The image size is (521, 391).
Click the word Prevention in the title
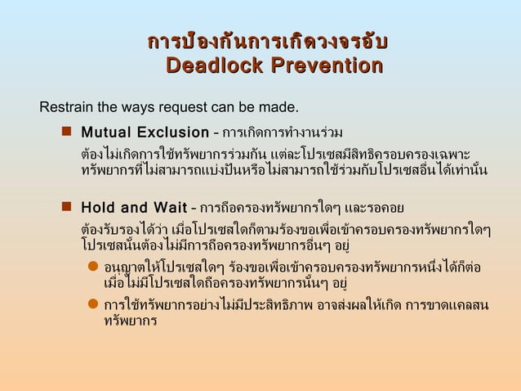[x=324, y=65]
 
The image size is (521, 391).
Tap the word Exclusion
[x=173, y=133]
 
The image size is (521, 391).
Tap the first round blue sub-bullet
[x=93, y=267]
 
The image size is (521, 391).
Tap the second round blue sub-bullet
[x=93, y=305]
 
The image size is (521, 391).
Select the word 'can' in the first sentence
[x=219, y=107]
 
